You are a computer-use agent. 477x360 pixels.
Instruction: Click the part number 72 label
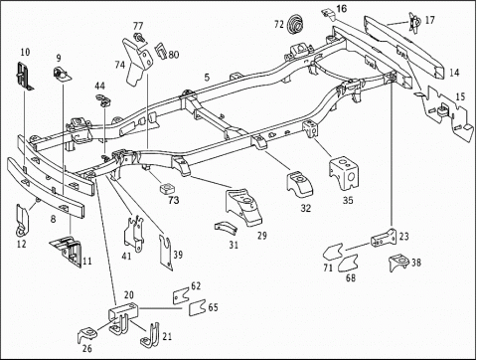pyautogui.click(x=279, y=25)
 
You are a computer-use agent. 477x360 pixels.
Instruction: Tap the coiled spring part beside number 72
pyautogui.click(x=295, y=24)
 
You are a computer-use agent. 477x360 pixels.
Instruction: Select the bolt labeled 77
pyautogui.click(x=139, y=37)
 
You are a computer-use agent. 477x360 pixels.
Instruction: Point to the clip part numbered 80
pyautogui.click(x=160, y=51)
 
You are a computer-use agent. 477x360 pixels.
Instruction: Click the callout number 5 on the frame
pyautogui.click(x=207, y=78)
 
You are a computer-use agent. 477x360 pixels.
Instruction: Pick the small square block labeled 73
pyautogui.click(x=168, y=189)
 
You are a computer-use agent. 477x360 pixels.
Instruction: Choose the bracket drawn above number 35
pyautogui.click(x=345, y=173)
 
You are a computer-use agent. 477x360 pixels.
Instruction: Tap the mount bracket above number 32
pyautogui.click(x=300, y=183)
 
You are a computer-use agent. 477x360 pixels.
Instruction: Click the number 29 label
pyautogui.click(x=262, y=236)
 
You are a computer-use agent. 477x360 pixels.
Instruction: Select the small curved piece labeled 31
pyautogui.click(x=226, y=227)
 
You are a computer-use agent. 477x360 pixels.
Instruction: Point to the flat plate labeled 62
pyautogui.click(x=181, y=295)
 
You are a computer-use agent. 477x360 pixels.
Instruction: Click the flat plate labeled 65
pyautogui.click(x=198, y=307)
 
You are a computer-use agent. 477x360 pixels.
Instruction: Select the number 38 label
pyautogui.click(x=416, y=263)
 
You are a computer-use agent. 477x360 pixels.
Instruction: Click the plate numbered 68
pyautogui.click(x=348, y=264)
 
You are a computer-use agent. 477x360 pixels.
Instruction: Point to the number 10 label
pyautogui.click(x=25, y=52)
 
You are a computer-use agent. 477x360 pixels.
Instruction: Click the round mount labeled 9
pyautogui.click(x=62, y=75)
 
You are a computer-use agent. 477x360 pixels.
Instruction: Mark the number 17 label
pyautogui.click(x=429, y=20)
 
